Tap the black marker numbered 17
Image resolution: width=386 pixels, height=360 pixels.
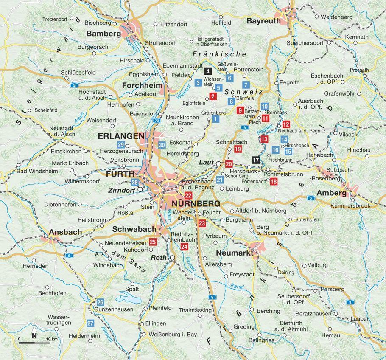tap(255, 160)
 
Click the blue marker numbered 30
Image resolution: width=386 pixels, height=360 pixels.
tap(162, 145)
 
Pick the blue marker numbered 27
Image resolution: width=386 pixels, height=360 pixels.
tap(90, 323)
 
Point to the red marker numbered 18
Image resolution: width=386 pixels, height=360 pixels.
tap(274, 182)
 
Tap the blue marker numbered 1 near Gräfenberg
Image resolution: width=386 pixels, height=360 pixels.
tap(215, 120)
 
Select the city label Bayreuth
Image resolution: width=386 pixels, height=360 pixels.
tap(264, 21)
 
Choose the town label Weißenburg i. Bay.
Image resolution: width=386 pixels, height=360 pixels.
tap(174, 335)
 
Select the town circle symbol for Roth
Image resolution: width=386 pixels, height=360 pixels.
tap(172, 258)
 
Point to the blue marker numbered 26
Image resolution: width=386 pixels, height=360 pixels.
tap(100, 302)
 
